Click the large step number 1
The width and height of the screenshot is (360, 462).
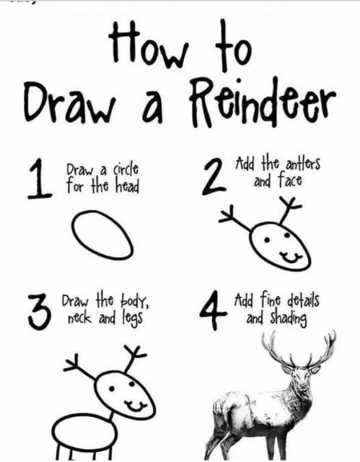pyautogui.click(x=40, y=178)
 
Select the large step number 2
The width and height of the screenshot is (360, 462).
pyautogui.click(x=214, y=177)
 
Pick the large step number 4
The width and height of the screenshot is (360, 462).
pyautogui.click(x=213, y=310)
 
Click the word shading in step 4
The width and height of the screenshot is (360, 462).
pyautogui.click(x=289, y=318)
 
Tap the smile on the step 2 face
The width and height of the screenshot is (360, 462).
pyautogui.click(x=291, y=258)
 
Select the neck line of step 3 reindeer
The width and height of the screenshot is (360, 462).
pyautogui.click(x=111, y=417)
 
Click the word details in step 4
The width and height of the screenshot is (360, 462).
pyautogui.click(x=303, y=300)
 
